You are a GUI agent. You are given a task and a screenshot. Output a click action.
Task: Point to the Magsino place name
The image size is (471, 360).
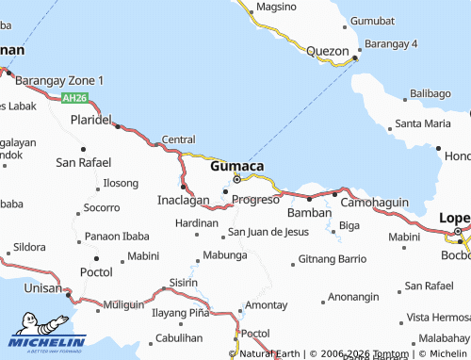coord(276,7)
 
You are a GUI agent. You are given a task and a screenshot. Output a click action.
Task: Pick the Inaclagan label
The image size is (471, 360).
coord(183,201)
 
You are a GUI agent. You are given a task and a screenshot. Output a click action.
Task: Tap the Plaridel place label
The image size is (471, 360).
coord(91,121)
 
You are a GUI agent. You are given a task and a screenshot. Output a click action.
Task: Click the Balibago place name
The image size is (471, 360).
coord(429,94)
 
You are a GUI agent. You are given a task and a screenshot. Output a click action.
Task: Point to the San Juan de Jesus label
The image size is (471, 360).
coord(268,232)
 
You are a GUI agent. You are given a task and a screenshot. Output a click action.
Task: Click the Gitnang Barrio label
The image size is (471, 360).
coord(332,258)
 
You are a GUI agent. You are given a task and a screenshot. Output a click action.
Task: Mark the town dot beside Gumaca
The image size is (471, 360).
coord(236,178)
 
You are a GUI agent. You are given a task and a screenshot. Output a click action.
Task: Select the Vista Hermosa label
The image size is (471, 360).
coord(437,319)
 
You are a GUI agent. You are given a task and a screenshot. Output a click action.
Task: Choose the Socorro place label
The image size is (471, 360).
coord(102,207)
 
